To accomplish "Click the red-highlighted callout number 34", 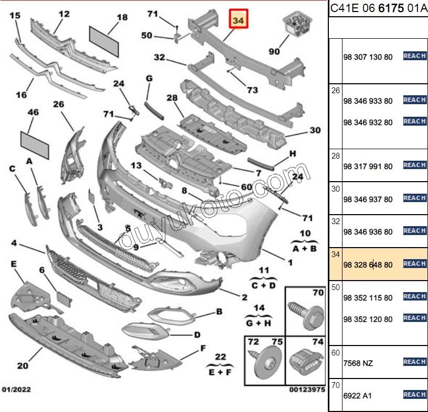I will coord(238,20).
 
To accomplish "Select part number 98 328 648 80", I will coord(368,265).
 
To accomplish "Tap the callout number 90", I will coord(274,51).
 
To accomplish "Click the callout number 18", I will coord(122,17).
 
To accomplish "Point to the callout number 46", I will coord(33,112).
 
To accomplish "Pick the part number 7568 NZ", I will coord(358,363).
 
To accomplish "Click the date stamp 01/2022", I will coord(17,390).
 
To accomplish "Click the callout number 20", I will coord(23,365).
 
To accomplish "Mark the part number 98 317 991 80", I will coord(368,166).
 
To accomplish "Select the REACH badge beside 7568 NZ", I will coord(414,362).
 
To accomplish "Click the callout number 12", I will coord(63,14).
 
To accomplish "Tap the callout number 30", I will coord(315,130).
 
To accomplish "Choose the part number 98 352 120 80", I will coord(368,319).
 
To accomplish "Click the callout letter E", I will coord(14,263).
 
